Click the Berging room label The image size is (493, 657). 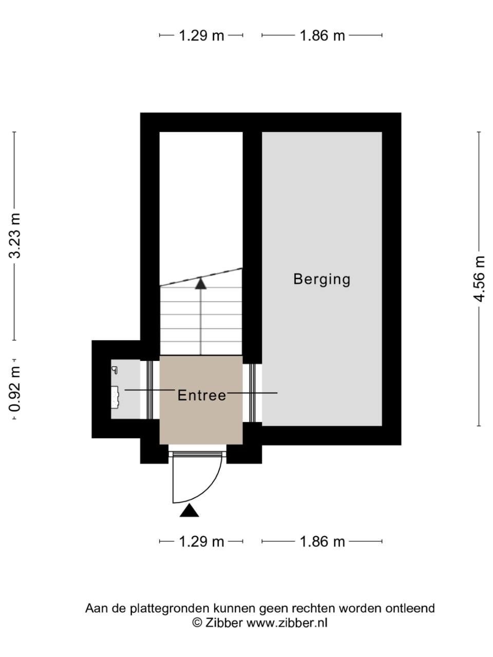pos(321,280)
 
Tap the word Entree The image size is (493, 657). pos(202,395)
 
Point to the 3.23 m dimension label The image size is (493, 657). pos(15,236)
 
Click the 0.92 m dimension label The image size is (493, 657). pos(15,389)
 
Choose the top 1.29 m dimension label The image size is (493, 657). pos(201,35)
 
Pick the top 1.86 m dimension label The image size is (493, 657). pos(322,35)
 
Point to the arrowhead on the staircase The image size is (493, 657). pos(201,284)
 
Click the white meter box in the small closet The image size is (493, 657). pos(115,397)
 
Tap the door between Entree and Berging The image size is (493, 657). pos(252,393)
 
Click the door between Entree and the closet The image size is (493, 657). pos(150,390)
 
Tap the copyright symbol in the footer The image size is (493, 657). pos(197,623)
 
